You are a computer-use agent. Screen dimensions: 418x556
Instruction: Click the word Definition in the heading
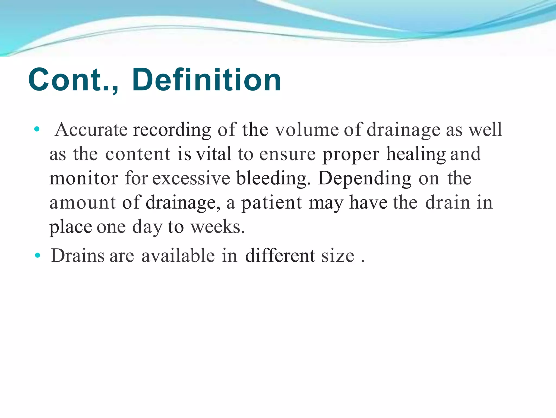pyautogui.click(x=206, y=80)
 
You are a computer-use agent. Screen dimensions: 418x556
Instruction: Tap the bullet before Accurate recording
pyautogui.click(x=37, y=129)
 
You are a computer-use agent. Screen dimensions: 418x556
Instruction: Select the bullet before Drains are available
pyautogui.click(x=37, y=255)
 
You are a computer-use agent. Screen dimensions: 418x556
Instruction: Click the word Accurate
pyautogui.click(x=91, y=130)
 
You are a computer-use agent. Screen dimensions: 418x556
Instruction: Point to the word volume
pyautogui.click(x=307, y=130)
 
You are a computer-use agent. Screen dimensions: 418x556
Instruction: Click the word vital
pyautogui.click(x=214, y=154)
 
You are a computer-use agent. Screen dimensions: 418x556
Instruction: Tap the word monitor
pyautogui.click(x=84, y=178)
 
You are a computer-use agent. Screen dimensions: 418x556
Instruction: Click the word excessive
pyautogui.click(x=191, y=178)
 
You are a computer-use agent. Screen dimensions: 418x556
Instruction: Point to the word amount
pyautogui.click(x=83, y=203)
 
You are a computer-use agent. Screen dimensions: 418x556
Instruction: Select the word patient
pyautogui.click(x=271, y=203)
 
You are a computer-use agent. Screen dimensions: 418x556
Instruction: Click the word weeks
pyautogui.click(x=217, y=227)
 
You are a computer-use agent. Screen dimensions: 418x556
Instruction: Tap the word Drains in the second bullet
pyautogui.click(x=78, y=256)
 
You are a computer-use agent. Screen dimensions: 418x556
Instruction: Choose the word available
pyautogui.click(x=178, y=256)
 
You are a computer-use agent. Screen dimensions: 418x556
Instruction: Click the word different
pyautogui.click(x=280, y=256)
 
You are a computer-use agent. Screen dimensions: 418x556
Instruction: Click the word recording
pyautogui.click(x=172, y=130)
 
